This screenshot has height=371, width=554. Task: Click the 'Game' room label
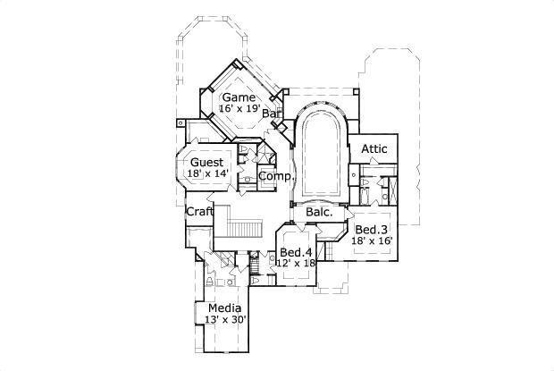point(239,97)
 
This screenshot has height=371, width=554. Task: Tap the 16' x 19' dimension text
point(239,108)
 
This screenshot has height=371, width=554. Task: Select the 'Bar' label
point(272,114)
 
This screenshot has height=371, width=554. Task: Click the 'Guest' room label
point(207,163)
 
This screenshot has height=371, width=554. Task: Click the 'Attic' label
point(374,148)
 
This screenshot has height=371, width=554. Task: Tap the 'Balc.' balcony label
point(320,213)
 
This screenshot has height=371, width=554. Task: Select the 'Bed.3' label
point(372,230)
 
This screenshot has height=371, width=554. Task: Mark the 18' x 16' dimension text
point(372,240)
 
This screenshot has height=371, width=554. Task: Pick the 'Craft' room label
point(198,212)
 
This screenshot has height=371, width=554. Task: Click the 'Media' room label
point(223,308)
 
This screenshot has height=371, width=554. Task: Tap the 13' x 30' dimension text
point(224,320)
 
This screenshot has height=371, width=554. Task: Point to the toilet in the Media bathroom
point(209,282)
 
